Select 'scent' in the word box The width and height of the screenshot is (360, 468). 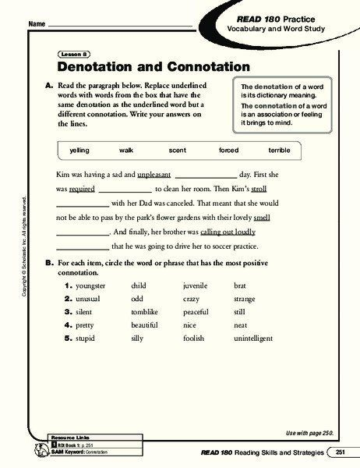tap(177, 149)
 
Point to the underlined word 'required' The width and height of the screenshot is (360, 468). tap(82, 189)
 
